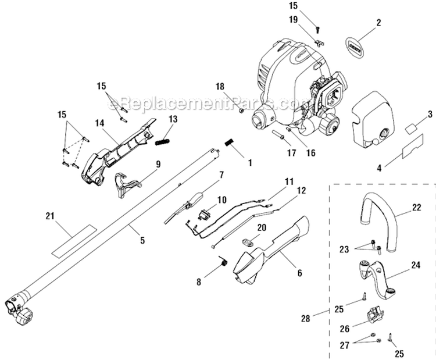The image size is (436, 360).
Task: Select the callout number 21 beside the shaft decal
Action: [51, 216]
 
